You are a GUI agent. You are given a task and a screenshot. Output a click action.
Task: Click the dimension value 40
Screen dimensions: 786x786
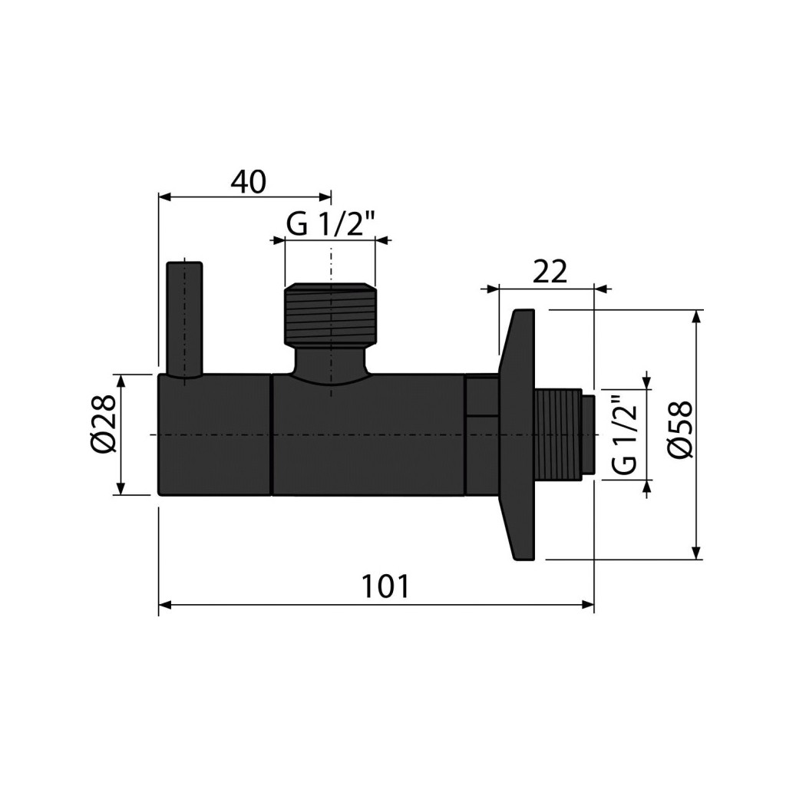click(x=249, y=183)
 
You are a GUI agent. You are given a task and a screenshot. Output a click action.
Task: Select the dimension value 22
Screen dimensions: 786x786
click(x=550, y=272)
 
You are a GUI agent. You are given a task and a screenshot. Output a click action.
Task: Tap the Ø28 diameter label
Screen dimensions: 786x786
click(x=104, y=424)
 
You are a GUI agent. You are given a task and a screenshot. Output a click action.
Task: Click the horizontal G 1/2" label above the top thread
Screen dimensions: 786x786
click(x=331, y=224)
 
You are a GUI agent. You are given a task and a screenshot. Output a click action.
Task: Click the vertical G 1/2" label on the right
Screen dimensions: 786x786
click(x=624, y=435)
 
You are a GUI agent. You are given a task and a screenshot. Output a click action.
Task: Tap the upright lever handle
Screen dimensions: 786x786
click(x=185, y=321)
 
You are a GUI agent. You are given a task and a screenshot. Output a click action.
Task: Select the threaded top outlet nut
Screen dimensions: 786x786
click(x=329, y=315)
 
